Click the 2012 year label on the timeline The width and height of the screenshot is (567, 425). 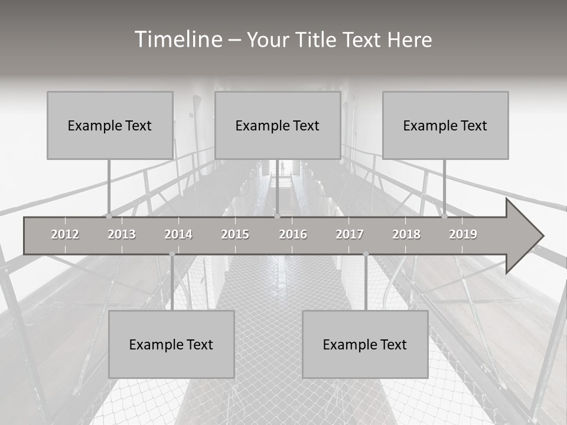pyautogui.click(x=65, y=234)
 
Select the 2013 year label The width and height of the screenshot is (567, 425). pyautogui.click(x=122, y=234)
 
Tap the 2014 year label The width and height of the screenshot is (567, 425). pyautogui.click(x=178, y=234)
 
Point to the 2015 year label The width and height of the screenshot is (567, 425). pyautogui.click(x=235, y=234)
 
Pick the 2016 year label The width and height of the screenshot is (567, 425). pyautogui.click(x=293, y=234)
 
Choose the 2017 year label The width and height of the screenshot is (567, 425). pyautogui.click(x=350, y=234)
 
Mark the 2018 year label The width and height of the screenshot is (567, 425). pyautogui.click(x=406, y=234)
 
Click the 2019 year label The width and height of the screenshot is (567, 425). pyautogui.click(x=463, y=234)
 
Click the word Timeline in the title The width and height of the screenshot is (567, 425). pyautogui.click(x=177, y=40)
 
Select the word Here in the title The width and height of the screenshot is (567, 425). pyautogui.click(x=409, y=40)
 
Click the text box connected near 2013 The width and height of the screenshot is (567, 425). pyautogui.click(x=110, y=125)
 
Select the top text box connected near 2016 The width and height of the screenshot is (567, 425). pyautogui.click(x=278, y=125)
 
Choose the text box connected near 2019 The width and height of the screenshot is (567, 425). pyautogui.click(x=445, y=125)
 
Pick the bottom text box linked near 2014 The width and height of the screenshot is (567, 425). pyautogui.click(x=171, y=344)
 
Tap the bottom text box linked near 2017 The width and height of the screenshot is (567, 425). pyautogui.click(x=365, y=344)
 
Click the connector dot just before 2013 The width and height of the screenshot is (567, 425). pyautogui.click(x=109, y=216)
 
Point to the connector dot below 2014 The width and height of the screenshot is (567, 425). pyautogui.click(x=172, y=254)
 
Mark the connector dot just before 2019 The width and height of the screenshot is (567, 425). pyautogui.click(x=444, y=216)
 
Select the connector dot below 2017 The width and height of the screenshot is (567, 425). pyautogui.click(x=366, y=254)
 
